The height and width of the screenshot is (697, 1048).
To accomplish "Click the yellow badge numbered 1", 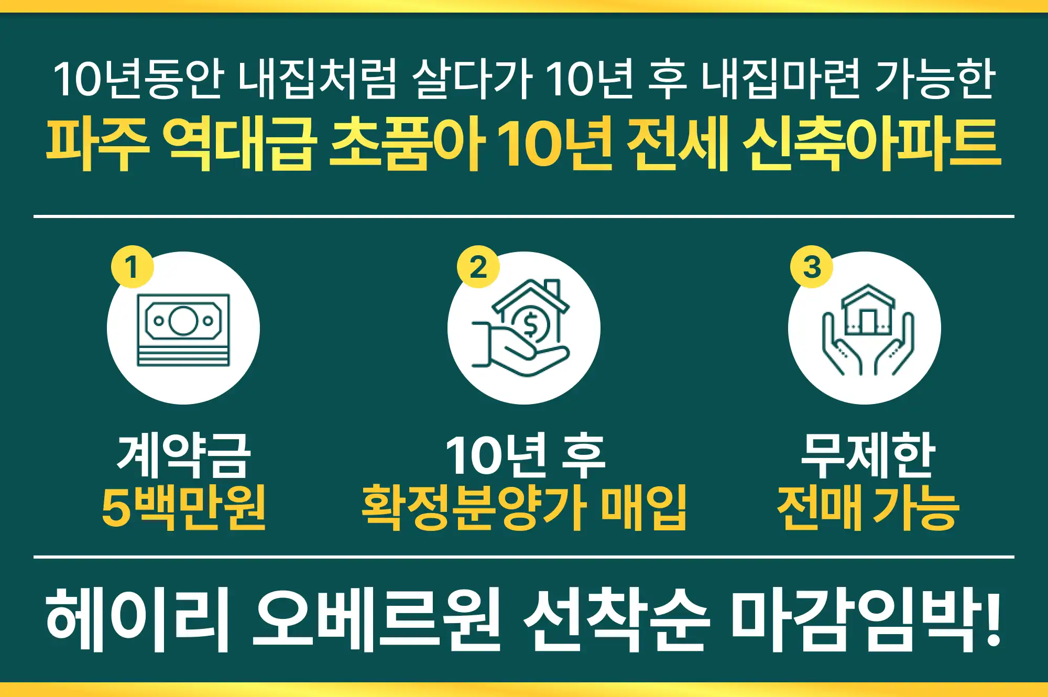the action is pyautogui.click(x=132, y=267).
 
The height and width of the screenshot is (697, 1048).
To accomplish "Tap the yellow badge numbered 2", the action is pyautogui.click(x=478, y=267).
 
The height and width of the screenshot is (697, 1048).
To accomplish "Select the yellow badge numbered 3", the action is pyautogui.click(x=812, y=267).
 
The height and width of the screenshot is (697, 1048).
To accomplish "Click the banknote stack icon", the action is pyautogui.click(x=183, y=330).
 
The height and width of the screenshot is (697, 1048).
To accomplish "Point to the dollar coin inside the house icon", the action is pyautogui.click(x=530, y=324).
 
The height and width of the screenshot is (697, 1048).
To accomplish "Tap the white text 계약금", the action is pyautogui.click(x=183, y=455).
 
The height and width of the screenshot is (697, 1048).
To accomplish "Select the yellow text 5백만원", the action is pyautogui.click(x=183, y=507).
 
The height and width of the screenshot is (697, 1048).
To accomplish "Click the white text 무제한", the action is pyautogui.click(x=868, y=455).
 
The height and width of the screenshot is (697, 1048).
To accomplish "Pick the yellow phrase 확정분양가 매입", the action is pyautogui.click(x=524, y=507).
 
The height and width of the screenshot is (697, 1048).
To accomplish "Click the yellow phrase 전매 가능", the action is pyautogui.click(x=868, y=507).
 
